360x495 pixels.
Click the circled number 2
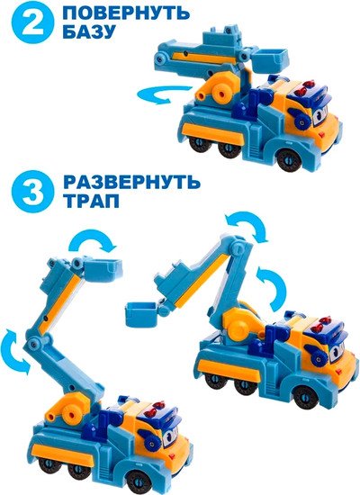(x=32, y=22)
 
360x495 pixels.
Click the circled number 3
(x=32, y=192)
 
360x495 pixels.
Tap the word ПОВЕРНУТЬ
(x=126, y=13)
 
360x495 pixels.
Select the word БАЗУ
(x=88, y=31)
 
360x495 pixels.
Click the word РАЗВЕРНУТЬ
(x=131, y=182)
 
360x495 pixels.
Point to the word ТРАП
(x=92, y=201)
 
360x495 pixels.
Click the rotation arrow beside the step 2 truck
(x=164, y=94)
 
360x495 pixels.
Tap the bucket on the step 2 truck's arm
(x=271, y=59)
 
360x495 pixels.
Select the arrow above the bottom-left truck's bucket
(x=93, y=242)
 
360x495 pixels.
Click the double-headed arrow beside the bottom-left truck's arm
(x=16, y=350)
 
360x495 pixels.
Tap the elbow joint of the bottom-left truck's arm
(x=33, y=343)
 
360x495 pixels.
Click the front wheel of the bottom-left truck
(x=138, y=481)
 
